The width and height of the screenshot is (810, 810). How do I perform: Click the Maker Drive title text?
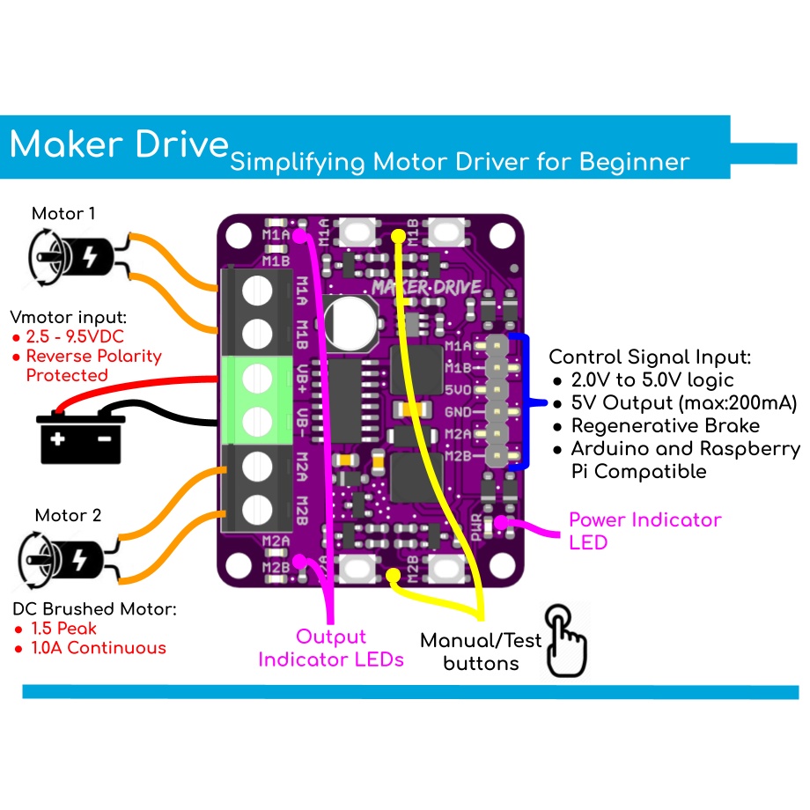(119, 144)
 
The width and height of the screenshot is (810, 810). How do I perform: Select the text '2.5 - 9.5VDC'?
(75, 336)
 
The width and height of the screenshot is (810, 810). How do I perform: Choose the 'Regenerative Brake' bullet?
(665, 426)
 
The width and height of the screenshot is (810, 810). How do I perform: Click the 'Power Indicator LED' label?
(644, 530)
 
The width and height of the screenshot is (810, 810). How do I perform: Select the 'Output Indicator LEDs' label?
(331, 647)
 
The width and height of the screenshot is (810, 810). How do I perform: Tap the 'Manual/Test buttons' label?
(479, 652)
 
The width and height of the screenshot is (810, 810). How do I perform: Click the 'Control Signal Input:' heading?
(650, 357)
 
